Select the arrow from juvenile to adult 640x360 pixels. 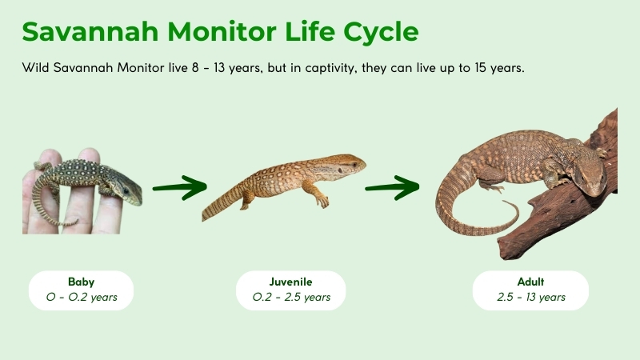pyautogui.click(x=392, y=189)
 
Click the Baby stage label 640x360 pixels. pyautogui.click(x=81, y=282)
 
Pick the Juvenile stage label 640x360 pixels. pyautogui.click(x=291, y=282)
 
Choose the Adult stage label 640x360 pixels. pyautogui.click(x=530, y=282)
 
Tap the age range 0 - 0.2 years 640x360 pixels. pyautogui.click(x=81, y=298)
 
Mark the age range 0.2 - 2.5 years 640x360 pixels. pyautogui.click(x=291, y=298)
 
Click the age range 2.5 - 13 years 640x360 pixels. pyautogui.click(x=530, y=298)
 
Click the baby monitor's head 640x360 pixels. pyautogui.click(x=128, y=190)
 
